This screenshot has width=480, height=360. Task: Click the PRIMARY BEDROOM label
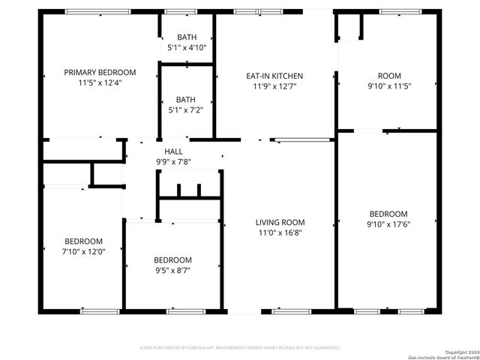coord(100,73)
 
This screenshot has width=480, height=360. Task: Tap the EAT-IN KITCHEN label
coord(274,76)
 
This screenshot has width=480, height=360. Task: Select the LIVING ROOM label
coord(280,222)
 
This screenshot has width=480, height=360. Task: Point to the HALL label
coord(173,151)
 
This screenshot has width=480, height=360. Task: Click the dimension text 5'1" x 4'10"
coord(185,47)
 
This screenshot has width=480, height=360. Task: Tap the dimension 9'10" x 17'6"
coord(388,223)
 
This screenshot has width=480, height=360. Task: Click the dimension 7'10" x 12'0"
coord(83,251)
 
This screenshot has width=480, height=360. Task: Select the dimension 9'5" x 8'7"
coord(173,270)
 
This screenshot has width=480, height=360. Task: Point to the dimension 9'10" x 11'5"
coord(388,85)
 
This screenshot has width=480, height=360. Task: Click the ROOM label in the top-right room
coord(388,76)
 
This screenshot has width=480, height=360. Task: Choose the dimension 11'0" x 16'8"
coord(280,232)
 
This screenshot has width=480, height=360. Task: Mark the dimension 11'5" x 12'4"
coord(100,82)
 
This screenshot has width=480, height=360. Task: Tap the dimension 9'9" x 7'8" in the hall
coord(173,161)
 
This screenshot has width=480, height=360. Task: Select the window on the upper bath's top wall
coord(177,11)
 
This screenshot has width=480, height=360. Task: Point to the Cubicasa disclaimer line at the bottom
coord(240,348)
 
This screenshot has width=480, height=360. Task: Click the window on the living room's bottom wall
coord(291,310)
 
